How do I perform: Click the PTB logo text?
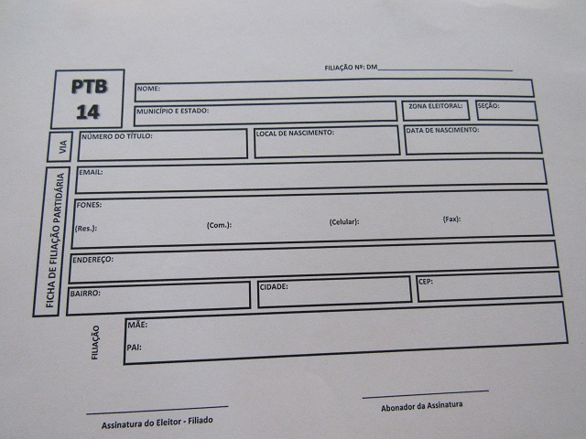pyautogui.click(x=89, y=87)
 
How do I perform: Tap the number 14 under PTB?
pyautogui.click(x=89, y=112)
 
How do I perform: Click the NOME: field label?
pyautogui.click(x=148, y=89)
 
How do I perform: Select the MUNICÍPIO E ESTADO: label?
pyautogui.click(x=173, y=111)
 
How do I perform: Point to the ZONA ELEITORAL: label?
pyautogui.click(x=435, y=106)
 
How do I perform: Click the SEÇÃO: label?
pyautogui.click(x=488, y=106)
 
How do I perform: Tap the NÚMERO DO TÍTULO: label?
pyautogui.click(x=116, y=136)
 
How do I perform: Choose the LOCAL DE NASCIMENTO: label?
pyautogui.click(x=295, y=134)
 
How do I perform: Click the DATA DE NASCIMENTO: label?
pyautogui.click(x=442, y=131)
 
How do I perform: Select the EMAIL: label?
pyautogui.click(x=91, y=172)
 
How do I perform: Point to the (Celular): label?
pyautogui.click(x=344, y=222)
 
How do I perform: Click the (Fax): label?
pyautogui.click(x=451, y=219)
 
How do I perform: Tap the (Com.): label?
pyautogui.click(x=219, y=225)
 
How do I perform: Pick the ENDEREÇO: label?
pyautogui.click(x=92, y=261)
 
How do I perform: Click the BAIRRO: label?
pyautogui.click(x=85, y=294)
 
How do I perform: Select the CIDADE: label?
pyautogui.click(x=274, y=287)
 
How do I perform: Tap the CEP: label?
pyautogui.click(x=425, y=282)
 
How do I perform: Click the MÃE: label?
pyautogui.click(x=137, y=325)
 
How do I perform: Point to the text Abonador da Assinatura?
pyautogui.click(x=422, y=406)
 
